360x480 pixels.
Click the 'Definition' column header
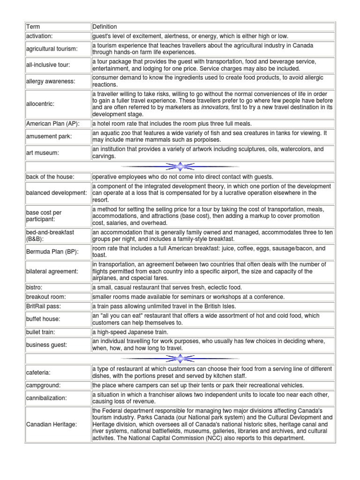(105, 27)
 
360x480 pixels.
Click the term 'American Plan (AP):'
(52, 123)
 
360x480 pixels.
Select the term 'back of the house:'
(51, 177)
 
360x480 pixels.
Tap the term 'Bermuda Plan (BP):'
(52, 252)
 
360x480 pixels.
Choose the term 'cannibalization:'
(46, 397)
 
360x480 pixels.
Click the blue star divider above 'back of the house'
(180, 166)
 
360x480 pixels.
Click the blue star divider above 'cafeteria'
(180, 359)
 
